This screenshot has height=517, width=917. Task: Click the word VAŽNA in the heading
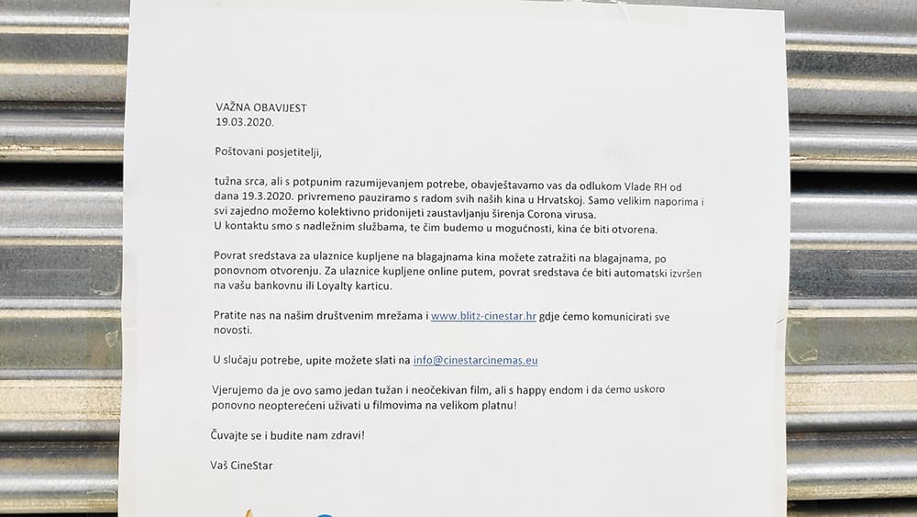(233, 107)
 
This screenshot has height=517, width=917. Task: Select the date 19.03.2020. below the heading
(245, 121)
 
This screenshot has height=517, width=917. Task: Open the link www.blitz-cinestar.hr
(483, 316)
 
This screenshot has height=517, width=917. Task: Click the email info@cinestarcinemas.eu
(475, 361)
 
